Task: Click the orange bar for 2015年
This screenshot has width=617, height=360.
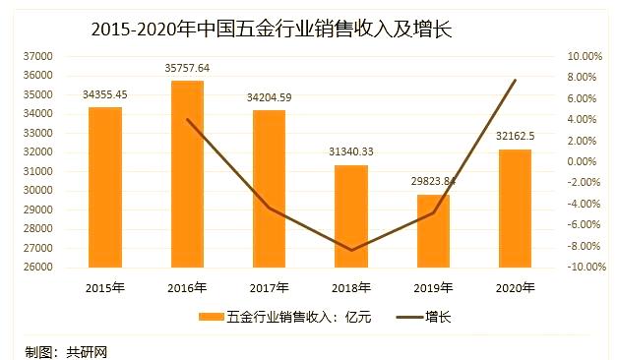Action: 105,187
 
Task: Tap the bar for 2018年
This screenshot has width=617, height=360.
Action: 351,216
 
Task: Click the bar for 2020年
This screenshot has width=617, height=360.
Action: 515,209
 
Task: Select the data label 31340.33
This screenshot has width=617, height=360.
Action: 351,152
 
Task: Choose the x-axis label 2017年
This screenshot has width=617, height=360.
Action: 269,288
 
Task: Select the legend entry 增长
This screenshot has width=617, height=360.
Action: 423,318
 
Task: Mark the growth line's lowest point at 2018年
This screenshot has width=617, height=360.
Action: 351,250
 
